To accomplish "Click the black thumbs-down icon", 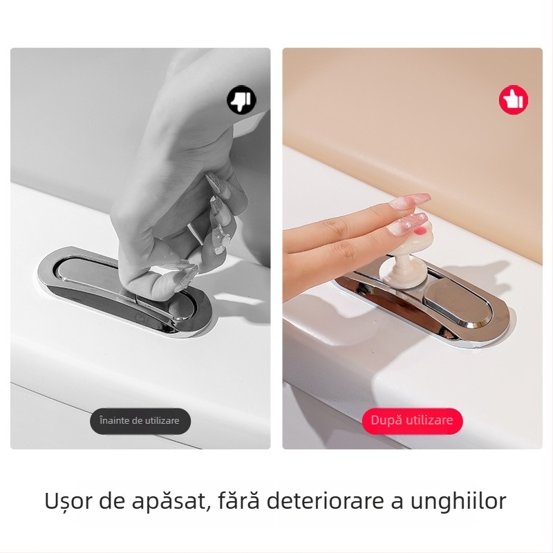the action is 241,100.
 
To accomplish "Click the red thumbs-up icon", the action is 514,100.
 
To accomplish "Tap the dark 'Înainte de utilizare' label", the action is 140,421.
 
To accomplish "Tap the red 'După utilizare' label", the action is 412,421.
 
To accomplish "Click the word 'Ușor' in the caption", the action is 67,500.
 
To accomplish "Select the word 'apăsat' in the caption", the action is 169,501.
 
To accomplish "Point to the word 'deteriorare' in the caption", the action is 324,500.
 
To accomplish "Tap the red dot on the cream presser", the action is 420,232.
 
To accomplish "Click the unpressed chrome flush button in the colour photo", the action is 458,303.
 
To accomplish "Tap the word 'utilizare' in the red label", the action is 429,420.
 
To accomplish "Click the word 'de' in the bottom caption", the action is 110,500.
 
